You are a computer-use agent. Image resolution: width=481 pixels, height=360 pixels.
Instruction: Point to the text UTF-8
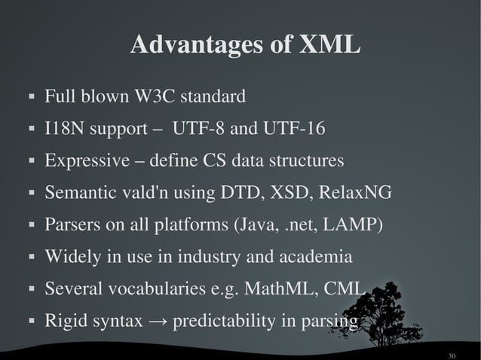point(198,129)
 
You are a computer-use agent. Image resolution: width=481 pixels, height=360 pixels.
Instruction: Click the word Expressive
point(82,161)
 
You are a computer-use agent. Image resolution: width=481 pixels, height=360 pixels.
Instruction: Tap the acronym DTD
point(237,193)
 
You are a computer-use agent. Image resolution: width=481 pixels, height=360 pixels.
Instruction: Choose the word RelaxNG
point(355,193)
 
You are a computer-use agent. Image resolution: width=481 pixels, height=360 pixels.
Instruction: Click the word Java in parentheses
point(262,225)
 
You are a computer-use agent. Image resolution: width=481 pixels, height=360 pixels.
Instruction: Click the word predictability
point(223,322)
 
